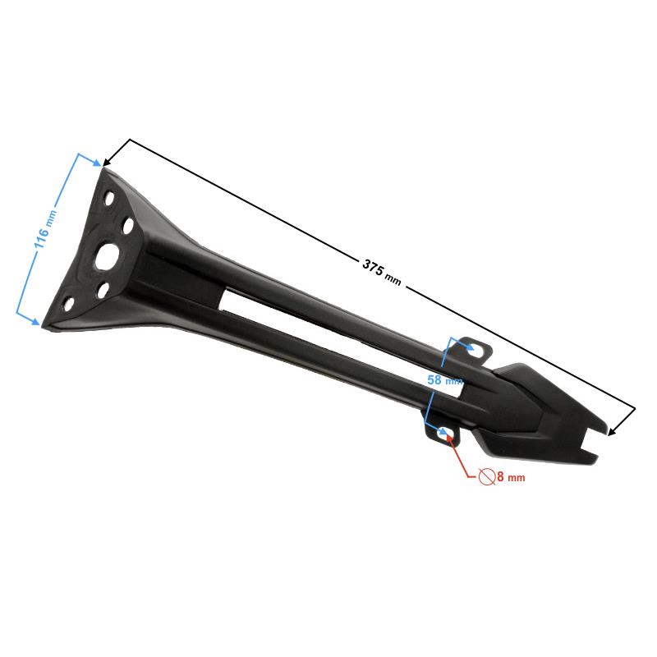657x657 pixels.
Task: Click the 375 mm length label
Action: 381,273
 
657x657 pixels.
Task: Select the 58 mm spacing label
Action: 444,379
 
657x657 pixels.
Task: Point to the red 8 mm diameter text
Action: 511,476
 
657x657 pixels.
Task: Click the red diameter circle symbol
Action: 487,477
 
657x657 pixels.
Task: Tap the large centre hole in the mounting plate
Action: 108,256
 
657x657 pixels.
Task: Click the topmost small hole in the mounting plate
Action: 109,198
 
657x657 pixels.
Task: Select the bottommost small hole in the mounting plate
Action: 69,304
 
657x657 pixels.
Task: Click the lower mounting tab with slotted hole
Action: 443,433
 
